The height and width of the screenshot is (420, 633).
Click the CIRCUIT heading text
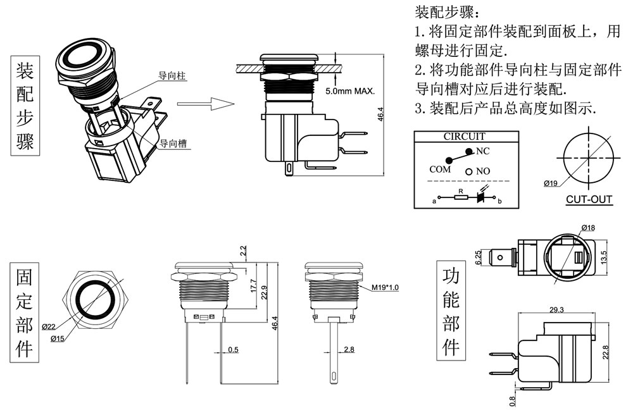(464, 136)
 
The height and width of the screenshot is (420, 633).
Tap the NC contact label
(483, 151)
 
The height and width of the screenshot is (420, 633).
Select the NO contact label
(483, 171)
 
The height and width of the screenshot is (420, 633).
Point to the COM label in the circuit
(440, 170)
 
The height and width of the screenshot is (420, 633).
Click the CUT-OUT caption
(589, 200)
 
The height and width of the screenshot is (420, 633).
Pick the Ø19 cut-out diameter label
(550, 184)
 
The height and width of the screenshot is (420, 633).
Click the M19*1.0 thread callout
(384, 288)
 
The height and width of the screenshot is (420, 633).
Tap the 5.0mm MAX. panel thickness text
(350, 92)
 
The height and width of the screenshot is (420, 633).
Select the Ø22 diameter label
(49, 326)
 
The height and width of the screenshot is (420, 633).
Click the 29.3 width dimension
(556, 309)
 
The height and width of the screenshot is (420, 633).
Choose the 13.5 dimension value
(605, 257)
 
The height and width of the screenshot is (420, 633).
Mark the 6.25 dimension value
(479, 257)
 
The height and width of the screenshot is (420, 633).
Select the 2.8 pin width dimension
(348, 350)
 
